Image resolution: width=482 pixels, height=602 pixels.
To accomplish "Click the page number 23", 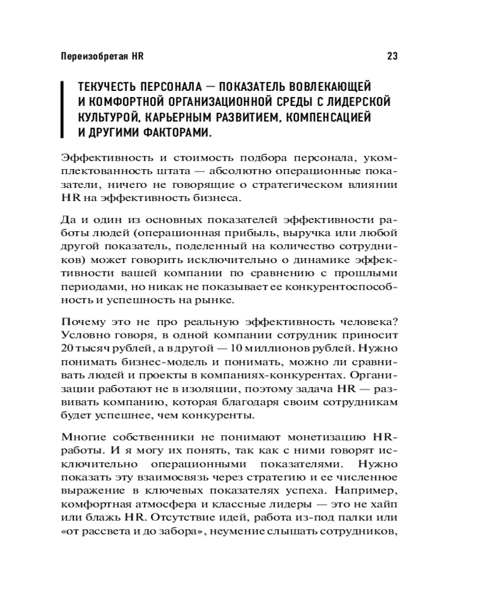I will pyautogui.click(x=392, y=57).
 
